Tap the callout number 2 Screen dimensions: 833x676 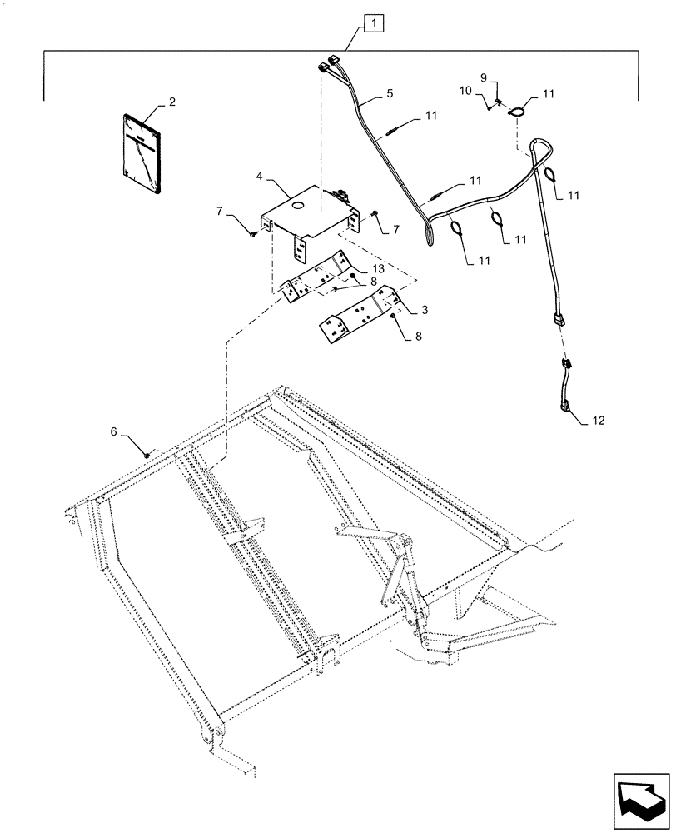tap(171, 102)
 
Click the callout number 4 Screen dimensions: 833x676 tap(261, 177)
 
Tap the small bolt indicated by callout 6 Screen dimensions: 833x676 tap(147, 453)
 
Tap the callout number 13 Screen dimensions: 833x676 tap(379, 268)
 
